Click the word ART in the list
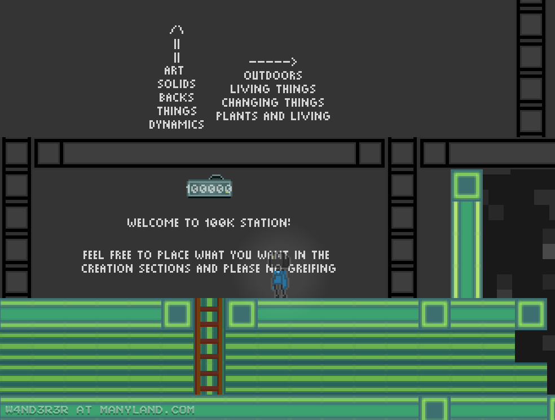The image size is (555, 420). click(x=174, y=71)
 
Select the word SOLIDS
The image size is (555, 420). click(x=177, y=84)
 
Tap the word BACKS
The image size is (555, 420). click(x=177, y=98)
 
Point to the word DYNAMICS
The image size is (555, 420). click(x=177, y=125)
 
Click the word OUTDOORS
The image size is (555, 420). click(x=273, y=75)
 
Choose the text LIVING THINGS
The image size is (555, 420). click(x=273, y=89)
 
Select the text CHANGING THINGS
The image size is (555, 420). click(x=273, y=102)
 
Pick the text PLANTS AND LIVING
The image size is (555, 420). click(x=273, y=116)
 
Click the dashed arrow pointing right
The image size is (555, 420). click(x=273, y=62)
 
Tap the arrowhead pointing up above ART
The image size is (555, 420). click(x=177, y=30)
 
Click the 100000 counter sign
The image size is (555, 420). click(x=209, y=187)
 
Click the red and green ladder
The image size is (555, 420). click(x=209, y=345)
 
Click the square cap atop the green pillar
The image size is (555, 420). click(x=466, y=185)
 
